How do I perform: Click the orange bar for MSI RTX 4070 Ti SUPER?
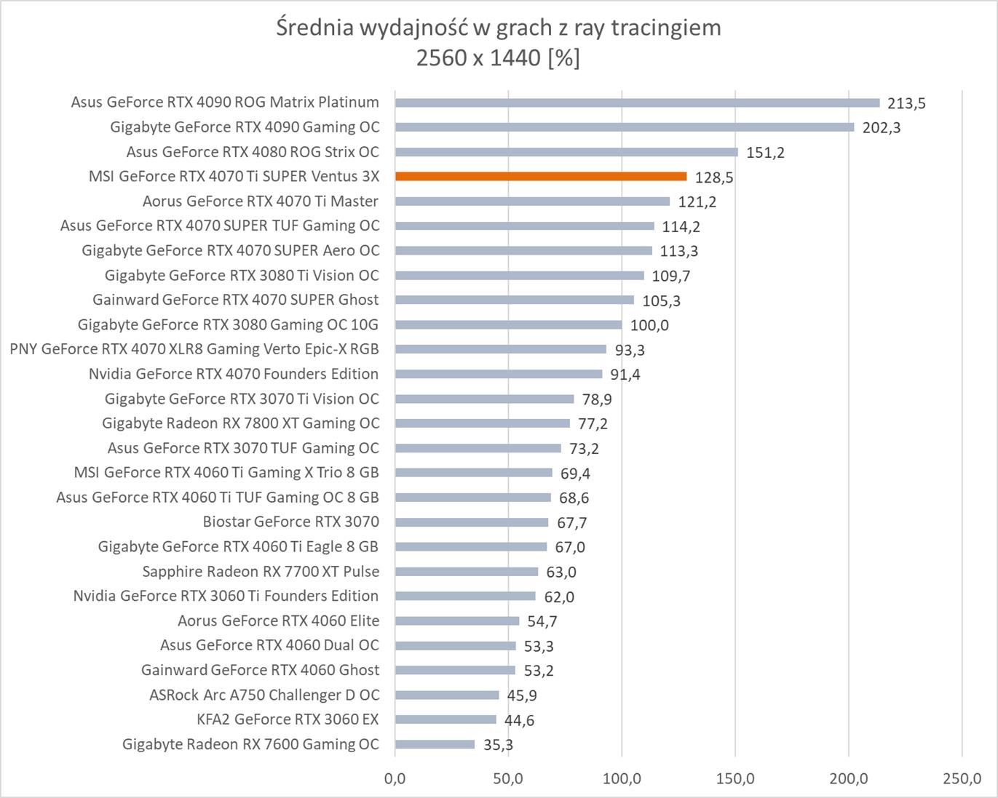(540, 176)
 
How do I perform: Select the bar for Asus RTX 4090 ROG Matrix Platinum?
(637, 103)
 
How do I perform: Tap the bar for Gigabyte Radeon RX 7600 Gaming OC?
(435, 744)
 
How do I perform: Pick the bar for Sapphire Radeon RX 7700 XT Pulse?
(467, 572)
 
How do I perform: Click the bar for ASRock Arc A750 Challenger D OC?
(447, 695)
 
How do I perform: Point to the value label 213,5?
(906, 103)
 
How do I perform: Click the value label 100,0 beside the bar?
(649, 325)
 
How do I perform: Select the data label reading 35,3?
(498, 745)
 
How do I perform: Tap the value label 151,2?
(765, 153)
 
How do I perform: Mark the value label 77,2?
(593, 423)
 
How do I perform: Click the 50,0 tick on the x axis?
(508, 779)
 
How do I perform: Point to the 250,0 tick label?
(962, 779)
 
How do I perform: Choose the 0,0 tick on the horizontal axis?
(395, 779)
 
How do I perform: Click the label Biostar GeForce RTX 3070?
(290, 522)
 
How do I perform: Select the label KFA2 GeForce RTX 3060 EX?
(288, 719)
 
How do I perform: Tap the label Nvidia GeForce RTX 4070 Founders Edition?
(234, 374)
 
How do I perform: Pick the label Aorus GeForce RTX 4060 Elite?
(278, 621)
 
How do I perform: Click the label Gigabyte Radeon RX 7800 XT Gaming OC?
(240, 423)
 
